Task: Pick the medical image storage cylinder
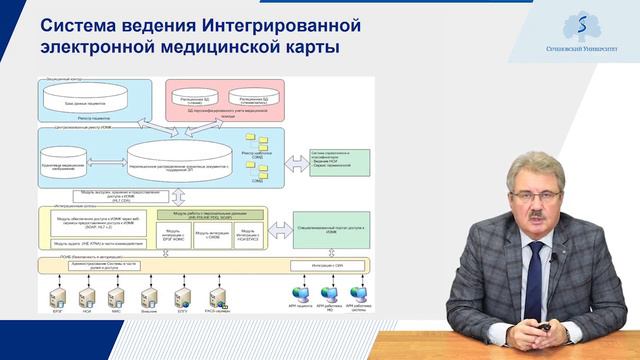[x=77, y=157]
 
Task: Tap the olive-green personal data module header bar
[x=204, y=213]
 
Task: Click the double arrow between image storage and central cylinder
[x=111, y=157]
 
